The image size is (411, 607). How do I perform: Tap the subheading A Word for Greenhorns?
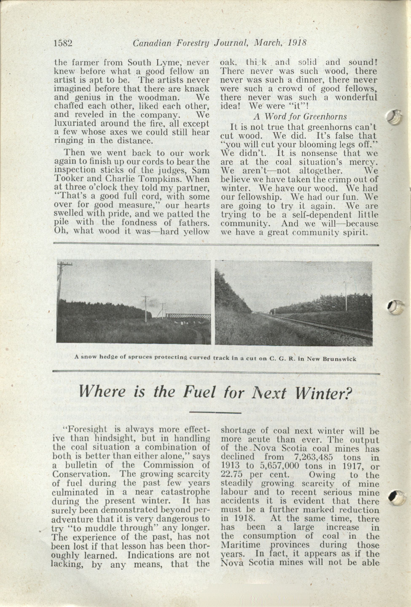pos(300,117)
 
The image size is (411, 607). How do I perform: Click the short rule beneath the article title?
pos(215,413)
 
